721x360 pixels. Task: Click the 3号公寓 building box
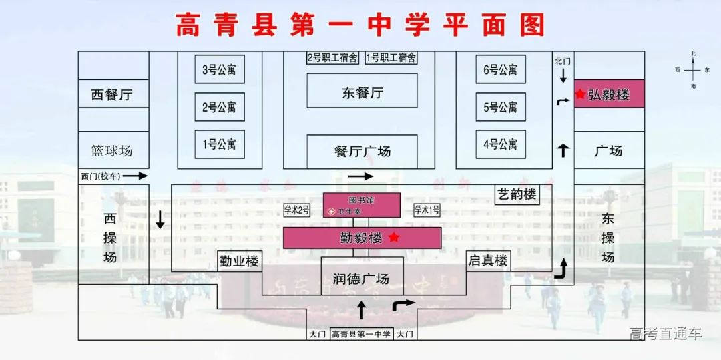220,69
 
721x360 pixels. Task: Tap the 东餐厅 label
362,92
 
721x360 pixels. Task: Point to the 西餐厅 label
111,95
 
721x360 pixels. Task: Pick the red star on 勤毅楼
394,237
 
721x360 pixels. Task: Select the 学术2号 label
296,210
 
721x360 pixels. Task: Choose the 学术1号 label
427,210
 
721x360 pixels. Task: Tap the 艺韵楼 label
517,195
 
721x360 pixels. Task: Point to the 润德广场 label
360,279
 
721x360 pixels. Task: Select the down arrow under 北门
563,77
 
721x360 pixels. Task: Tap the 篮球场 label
111,150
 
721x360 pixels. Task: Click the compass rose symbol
694,69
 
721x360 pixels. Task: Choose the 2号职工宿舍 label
332,58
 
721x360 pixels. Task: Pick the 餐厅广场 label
362,152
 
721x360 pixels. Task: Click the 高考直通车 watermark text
666,333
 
